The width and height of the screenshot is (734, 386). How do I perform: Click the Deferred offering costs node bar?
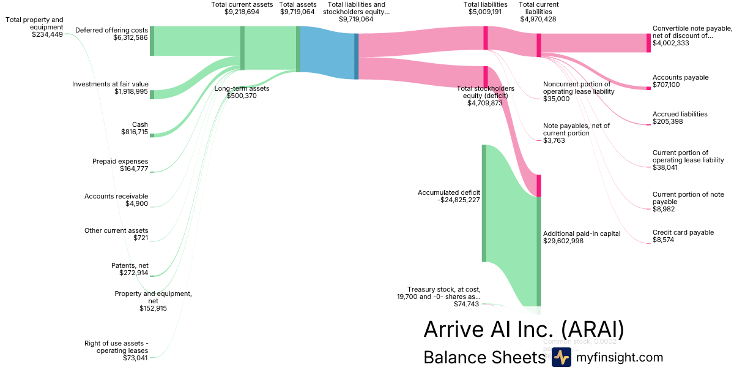click(152, 41)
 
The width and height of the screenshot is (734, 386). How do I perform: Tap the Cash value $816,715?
click(135, 132)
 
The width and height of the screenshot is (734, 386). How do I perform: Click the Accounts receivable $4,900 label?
click(116, 200)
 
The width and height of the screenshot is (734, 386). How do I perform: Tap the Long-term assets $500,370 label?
click(242, 92)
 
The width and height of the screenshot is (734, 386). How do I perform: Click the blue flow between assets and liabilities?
click(327, 53)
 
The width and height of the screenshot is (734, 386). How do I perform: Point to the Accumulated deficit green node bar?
click(484, 203)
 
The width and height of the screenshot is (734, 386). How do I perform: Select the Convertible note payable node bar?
click(648, 43)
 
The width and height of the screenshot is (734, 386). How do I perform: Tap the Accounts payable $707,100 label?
click(680, 81)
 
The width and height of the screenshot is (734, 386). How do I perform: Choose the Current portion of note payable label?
click(688, 198)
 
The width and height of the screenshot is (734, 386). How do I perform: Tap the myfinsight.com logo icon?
click(561, 357)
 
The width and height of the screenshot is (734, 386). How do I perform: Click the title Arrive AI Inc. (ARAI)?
click(524, 329)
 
